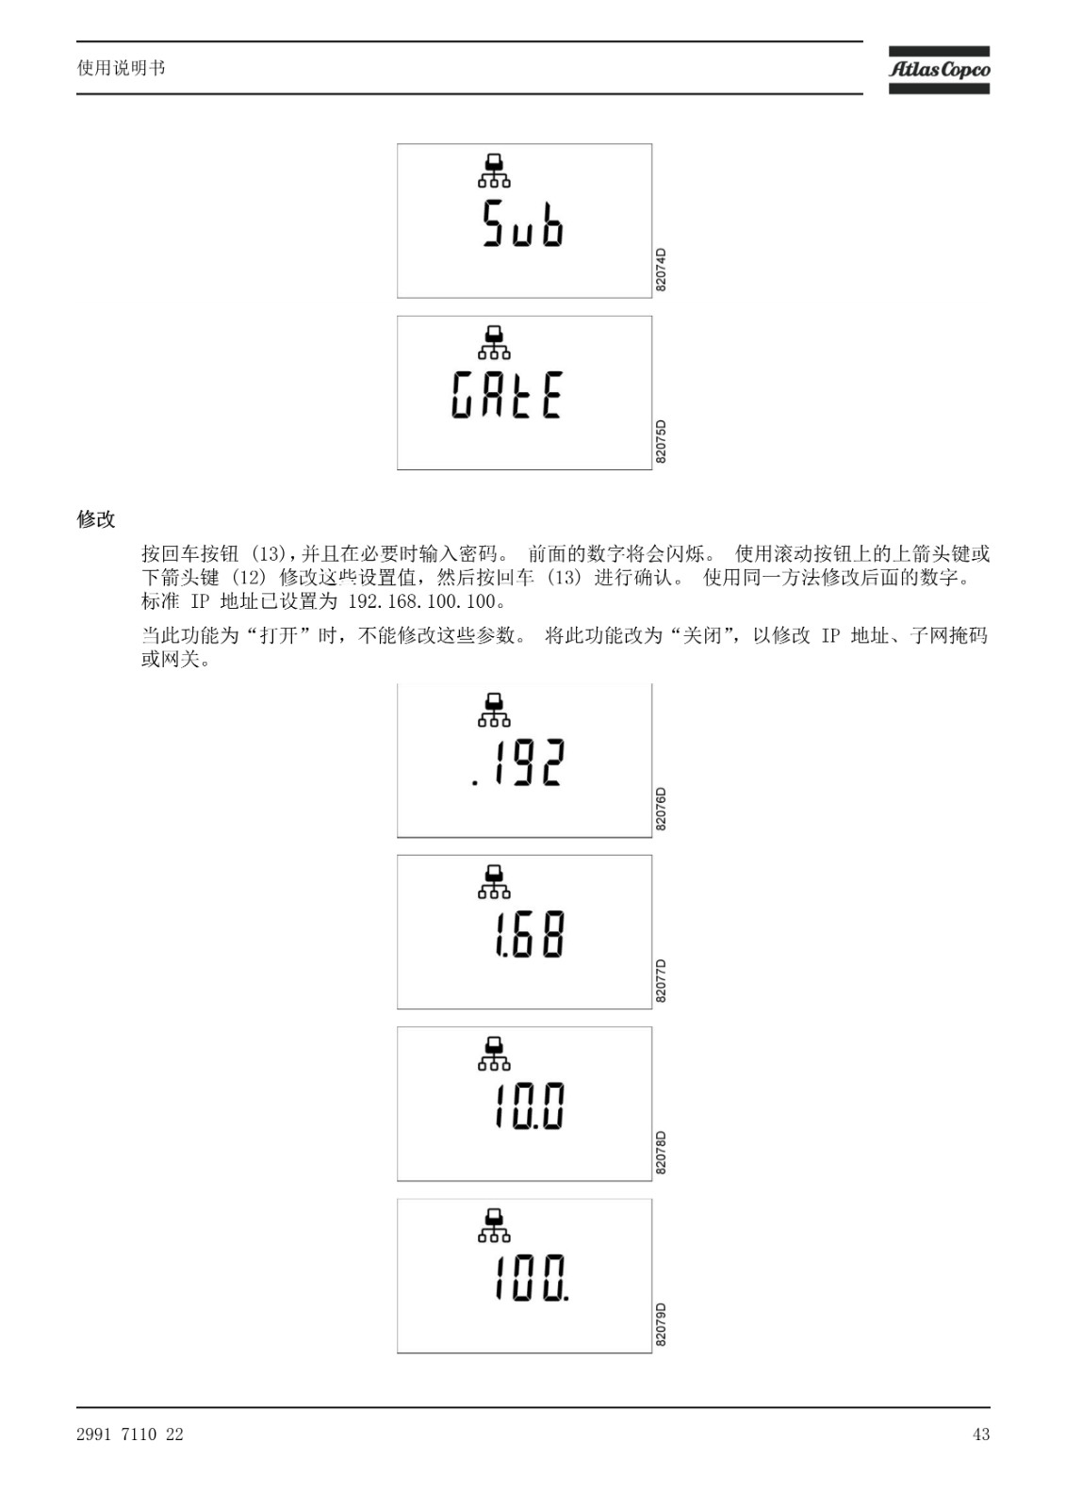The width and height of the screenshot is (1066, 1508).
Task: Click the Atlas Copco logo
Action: pyautogui.click(x=939, y=70)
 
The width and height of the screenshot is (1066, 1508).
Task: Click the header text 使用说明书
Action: pyautogui.click(x=122, y=68)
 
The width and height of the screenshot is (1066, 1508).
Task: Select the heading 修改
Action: pyautogui.click(x=96, y=519)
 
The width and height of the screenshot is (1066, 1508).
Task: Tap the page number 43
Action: pyautogui.click(x=981, y=1434)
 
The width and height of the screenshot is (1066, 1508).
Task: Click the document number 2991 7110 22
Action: pyautogui.click(x=130, y=1434)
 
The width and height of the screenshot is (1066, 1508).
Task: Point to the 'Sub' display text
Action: pyautogui.click(x=522, y=223)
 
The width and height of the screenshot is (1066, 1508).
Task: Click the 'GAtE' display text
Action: pyautogui.click(x=506, y=395)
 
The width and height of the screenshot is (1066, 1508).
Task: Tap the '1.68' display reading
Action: pyautogui.click(x=530, y=934)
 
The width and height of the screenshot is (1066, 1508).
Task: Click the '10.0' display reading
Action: pyautogui.click(x=530, y=1106)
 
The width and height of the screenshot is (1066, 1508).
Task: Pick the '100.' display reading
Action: pyautogui.click(x=532, y=1278)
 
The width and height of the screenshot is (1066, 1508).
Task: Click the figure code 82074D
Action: pyautogui.click(x=661, y=270)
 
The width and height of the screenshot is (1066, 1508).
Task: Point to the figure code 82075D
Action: pyautogui.click(x=661, y=442)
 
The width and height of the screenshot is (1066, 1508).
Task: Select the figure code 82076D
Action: pyautogui.click(x=661, y=809)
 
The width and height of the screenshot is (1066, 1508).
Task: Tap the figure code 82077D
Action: pyautogui.click(x=661, y=981)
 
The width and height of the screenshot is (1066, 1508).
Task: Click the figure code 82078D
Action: pyautogui.click(x=661, y=1153)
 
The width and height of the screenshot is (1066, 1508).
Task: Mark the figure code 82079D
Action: pyautogui.click(x=661, y=1324)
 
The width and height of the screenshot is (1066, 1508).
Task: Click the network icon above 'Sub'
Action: pyautogui.click(x=494, y=171)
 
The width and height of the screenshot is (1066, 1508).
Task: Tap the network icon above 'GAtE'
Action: pyautogui.click(x=494, y=343)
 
